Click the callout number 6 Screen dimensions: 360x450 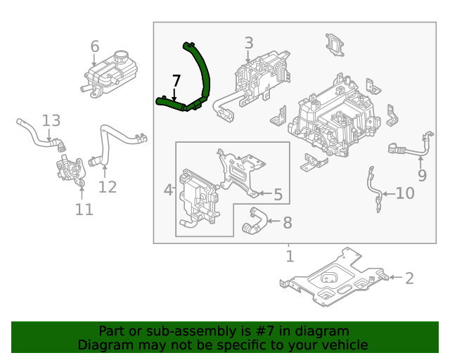[95, 46]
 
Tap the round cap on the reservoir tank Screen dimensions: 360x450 [122, 56]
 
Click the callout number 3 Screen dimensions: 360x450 [248, 44]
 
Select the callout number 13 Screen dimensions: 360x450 [51, 121]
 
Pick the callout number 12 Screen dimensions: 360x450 [107, 187]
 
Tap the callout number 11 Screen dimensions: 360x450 [84, 210]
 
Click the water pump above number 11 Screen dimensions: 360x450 [69, 171]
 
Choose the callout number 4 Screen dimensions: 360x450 [168, 190]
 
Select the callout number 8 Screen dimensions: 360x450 [287, 223]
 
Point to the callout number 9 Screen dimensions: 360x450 [421, 175]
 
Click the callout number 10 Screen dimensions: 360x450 [405, 193]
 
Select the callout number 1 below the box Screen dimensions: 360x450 [289, 256]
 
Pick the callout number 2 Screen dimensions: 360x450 [409, 278]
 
